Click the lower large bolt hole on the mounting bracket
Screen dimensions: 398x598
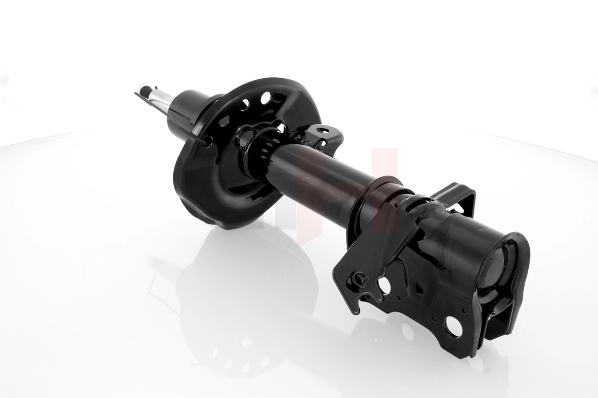tap(453, 326)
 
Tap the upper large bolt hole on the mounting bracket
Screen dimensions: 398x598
tap(384, 285)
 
